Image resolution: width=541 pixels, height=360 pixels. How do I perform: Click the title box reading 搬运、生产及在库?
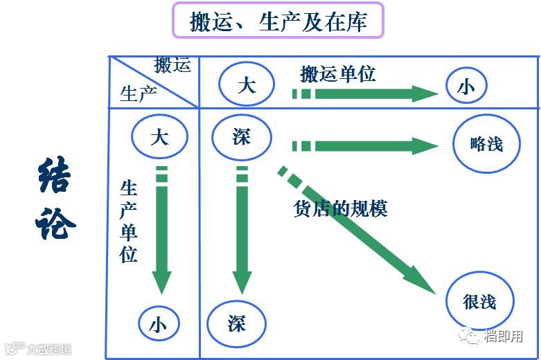click(x=277, y=21)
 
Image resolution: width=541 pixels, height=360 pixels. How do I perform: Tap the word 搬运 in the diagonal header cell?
click(x=172, y=65)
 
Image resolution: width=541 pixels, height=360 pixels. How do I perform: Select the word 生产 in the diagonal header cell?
click(x=139, y=93)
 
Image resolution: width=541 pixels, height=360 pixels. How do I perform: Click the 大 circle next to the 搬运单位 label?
click(x=246, y=85)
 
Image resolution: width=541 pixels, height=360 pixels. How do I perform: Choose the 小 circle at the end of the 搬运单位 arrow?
click(x=466, y=87)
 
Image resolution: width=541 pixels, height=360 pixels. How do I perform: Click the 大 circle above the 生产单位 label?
click(x=159, y=136)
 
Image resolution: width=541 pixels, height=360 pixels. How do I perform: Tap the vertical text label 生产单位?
click(x=129, y=222)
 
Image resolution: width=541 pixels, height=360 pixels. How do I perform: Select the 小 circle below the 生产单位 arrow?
click(x=159, y=324)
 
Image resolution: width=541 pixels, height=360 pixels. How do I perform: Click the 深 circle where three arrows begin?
click(x=241, y=136)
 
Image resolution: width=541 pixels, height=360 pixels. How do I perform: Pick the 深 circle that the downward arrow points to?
click(x=236, y=323)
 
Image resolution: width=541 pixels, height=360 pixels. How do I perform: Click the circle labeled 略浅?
click(x=486, y=144)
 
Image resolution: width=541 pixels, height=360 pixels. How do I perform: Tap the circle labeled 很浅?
click(x=479, y=302)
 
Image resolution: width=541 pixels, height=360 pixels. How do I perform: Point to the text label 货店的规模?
click(x=340, y=208)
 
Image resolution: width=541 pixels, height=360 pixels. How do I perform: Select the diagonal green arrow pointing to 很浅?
click(x=360, y=232)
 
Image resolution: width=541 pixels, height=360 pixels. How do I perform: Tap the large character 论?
click(x=53, y=223)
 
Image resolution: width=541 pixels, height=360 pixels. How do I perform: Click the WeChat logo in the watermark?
click(x=472, y=337)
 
